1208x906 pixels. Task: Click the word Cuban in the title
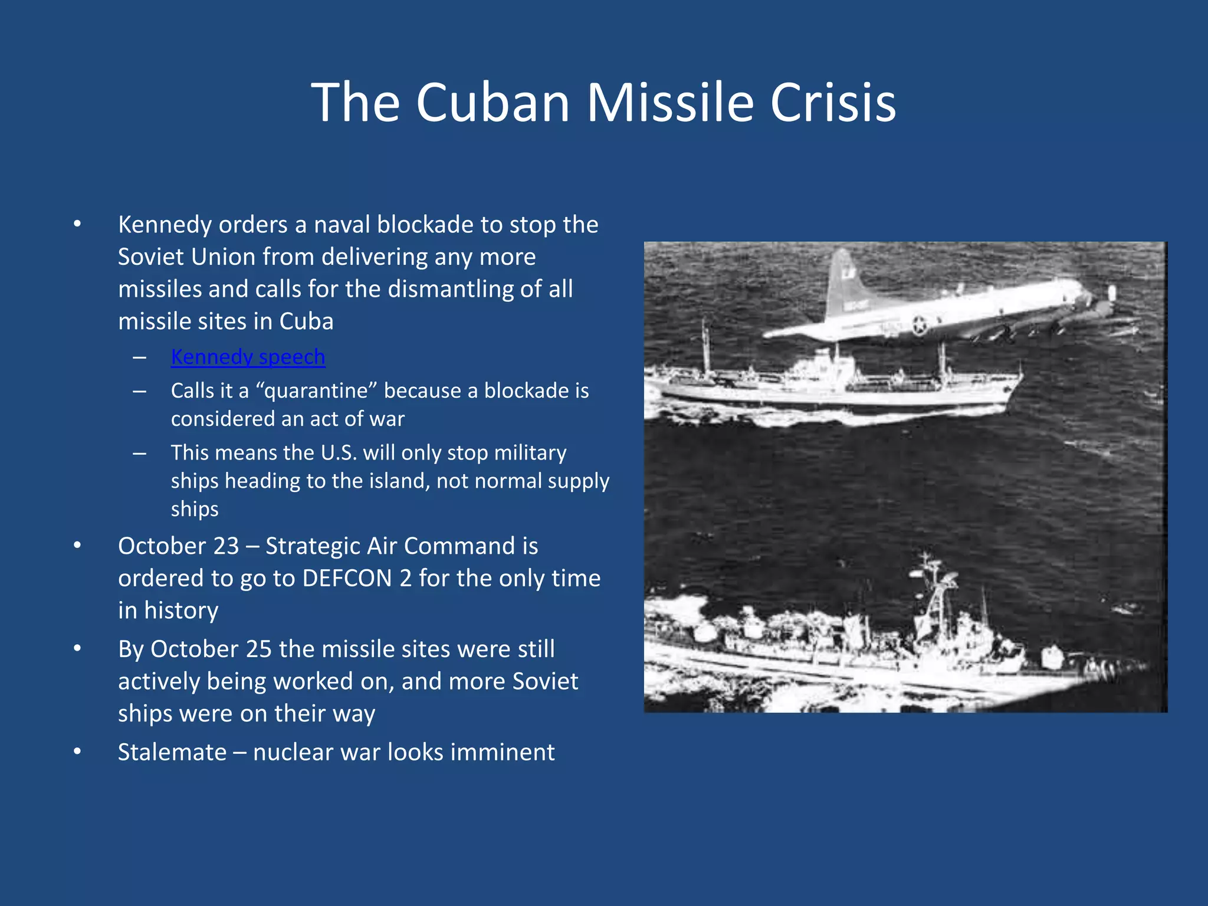493,102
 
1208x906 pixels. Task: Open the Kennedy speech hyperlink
248,357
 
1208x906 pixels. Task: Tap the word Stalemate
172,752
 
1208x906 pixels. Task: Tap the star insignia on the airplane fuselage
919,324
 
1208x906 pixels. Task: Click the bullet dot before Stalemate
77,751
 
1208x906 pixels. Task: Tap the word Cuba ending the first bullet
306,321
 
